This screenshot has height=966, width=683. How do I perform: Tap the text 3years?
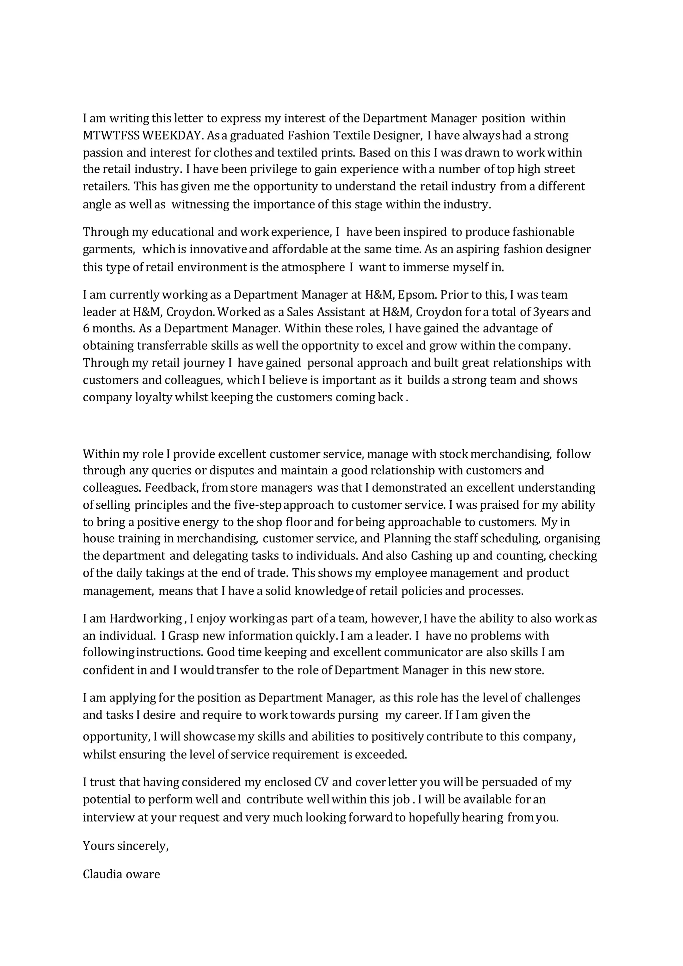tap(551, 312)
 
